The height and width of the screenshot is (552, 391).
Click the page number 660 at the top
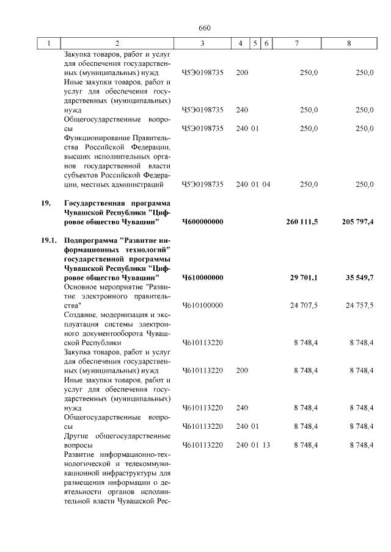click(205, 28)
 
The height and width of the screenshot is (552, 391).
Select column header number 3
click(202, 43)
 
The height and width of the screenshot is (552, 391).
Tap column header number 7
click(296, 43)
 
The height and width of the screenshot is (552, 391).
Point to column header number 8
click(349, 43)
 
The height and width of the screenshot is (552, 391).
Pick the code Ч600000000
click(203, 221)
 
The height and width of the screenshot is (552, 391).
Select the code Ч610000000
click(203, 278)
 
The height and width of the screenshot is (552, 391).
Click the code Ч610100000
click(202, 305)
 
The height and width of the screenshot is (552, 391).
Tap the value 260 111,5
click(301, 221)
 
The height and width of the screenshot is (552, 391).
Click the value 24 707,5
click(304, 305)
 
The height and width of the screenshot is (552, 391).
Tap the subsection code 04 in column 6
click(266, 184)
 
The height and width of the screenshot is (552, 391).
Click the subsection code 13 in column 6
click(266, 445)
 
